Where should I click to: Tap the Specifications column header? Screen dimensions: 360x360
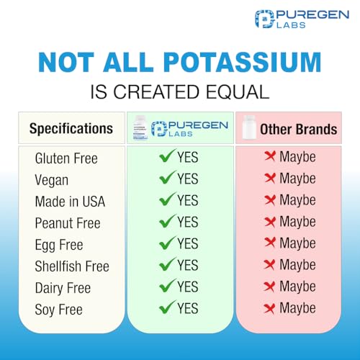tap(71, 129)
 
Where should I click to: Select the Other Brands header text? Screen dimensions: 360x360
tap(298, 130)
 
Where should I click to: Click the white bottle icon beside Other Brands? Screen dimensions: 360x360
tap(249, 129)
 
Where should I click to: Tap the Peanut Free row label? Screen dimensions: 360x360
tap(67, 222)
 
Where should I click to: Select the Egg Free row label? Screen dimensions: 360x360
tap(58, 244)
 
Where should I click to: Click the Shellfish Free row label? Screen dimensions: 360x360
tap(72, 266)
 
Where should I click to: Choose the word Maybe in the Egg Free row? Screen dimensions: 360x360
tap(297, 243)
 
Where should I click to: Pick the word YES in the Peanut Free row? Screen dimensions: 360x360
tap(187, 222)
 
